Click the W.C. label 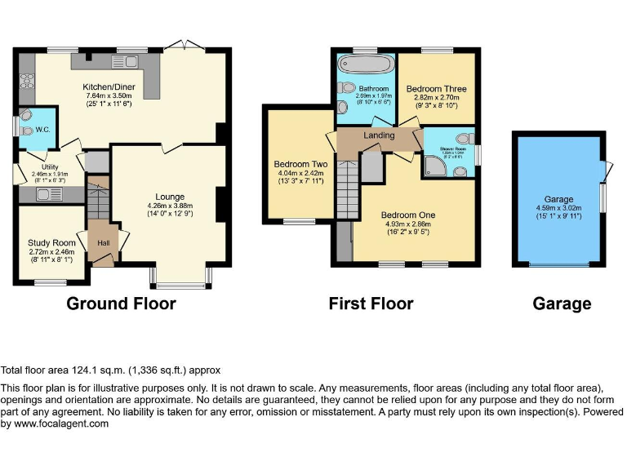(x=43, y=129)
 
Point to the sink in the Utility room (x=42, y=194)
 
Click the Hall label (x=103, y=243)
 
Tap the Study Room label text (x=53, y=243)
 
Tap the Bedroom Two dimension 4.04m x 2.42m (x=300, y=174)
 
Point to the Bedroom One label (x=408, y=215)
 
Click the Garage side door (x=607, y=170)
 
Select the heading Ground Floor (x=121, y=304)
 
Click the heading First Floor (x=371, y=304)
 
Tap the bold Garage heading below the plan (x=562, y=304)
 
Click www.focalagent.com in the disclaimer (x=55, y=423)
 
